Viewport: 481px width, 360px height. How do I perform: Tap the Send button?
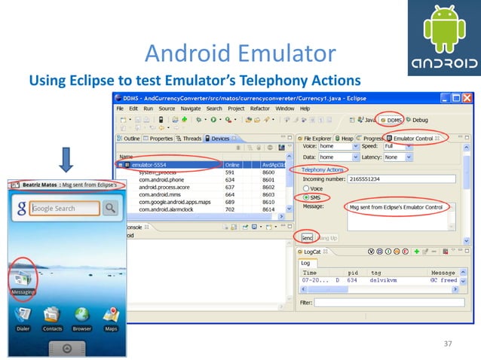click(308, 237)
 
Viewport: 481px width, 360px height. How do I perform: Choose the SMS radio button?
click(305, 197)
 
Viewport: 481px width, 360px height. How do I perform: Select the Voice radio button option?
click(305, 188)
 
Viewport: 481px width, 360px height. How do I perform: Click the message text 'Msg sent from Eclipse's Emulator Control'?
click(397, 206)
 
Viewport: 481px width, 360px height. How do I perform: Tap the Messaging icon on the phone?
click(23, 278)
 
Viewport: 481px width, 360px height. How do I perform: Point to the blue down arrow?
click(66, 160)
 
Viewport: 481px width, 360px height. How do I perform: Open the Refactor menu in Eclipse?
click(259, 108)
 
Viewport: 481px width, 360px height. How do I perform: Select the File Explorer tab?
click(315, 139)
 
